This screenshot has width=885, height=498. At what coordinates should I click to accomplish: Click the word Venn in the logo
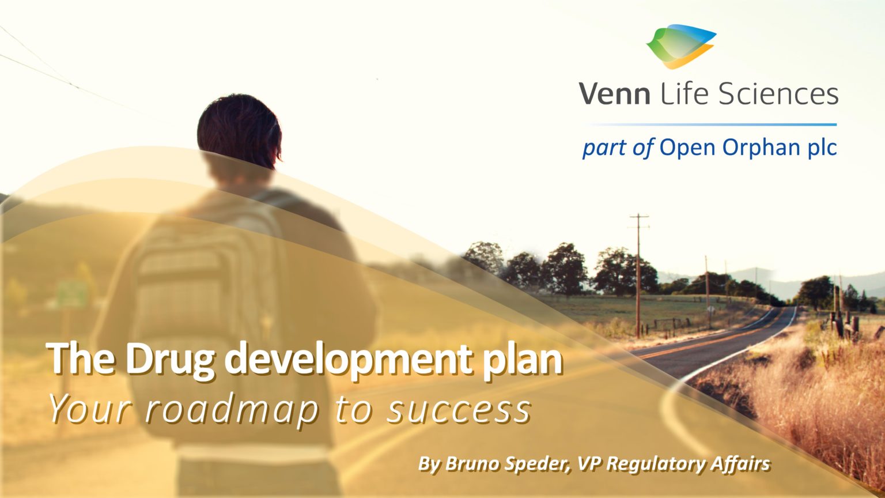[614, 94]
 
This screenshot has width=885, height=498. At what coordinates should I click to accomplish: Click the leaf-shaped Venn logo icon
[680, 46]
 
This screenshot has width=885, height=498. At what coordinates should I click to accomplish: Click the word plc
[820, 148]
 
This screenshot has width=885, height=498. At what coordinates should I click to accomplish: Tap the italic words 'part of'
[617, 148]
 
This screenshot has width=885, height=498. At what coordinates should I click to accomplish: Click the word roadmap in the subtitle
[231, 409]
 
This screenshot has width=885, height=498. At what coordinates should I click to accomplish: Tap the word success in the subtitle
[459, 409]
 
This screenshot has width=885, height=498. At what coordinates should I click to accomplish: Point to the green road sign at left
[73, 294]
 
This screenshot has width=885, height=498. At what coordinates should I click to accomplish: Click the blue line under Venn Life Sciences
[710, 124]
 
